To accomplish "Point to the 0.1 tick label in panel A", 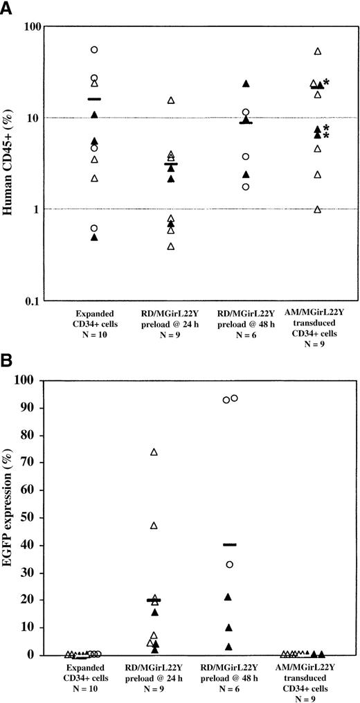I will coord(51,301).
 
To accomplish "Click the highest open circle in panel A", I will coord(94,50).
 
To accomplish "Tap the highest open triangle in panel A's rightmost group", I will coord(318,51).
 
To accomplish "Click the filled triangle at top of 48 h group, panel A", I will coord(245,84).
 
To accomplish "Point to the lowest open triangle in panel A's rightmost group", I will coord(318,209).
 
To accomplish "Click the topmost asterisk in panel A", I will coord(326,82).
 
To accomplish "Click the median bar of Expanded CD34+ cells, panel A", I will coord(94,99).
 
